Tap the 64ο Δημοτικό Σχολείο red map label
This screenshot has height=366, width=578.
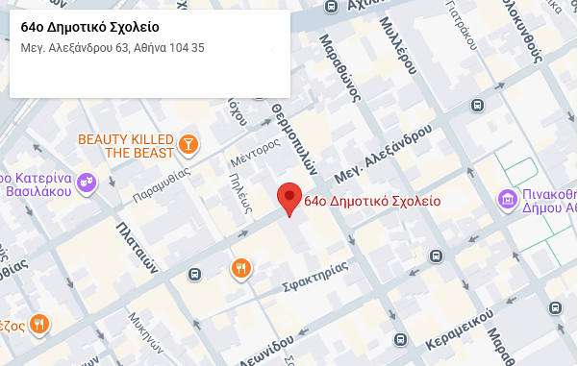click(x=371, y=202)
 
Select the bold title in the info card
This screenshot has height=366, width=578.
click(x=90, y=27)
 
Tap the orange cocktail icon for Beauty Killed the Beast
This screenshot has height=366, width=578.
click(x=188, y=145)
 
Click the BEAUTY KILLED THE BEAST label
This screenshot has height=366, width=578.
click(x=126, y=146)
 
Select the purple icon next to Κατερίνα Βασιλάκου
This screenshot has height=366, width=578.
click(x=87, y=181)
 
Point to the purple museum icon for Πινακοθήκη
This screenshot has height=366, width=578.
click(x=507, y=199)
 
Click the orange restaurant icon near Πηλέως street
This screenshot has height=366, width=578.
click(x=240, y=268)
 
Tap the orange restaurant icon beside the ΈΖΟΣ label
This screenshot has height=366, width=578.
click(x=39, y=325)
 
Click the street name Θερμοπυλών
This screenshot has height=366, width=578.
click(x=293, y=137)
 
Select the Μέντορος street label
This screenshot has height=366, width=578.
click(x=255, y=151)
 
